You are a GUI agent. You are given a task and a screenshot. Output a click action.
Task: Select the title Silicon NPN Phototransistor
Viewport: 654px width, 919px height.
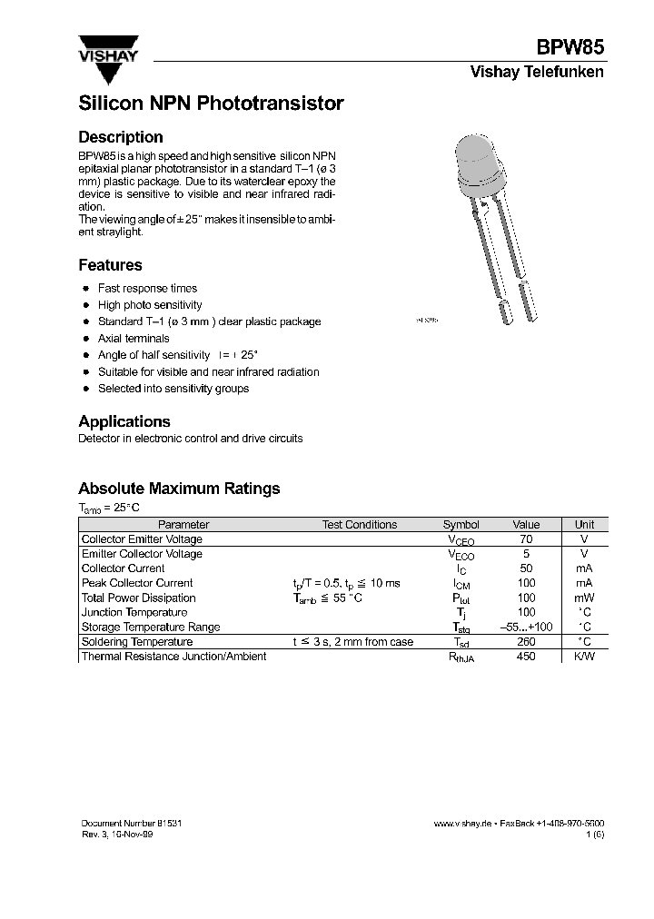(x=211, y=104)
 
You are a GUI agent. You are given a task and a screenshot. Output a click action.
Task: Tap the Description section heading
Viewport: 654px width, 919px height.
(x=121, y=137)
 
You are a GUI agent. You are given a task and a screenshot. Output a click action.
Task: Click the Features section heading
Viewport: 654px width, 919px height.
(x=110, y=265)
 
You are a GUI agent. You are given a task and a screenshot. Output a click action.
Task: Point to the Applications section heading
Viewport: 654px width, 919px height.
(x=124, y=421)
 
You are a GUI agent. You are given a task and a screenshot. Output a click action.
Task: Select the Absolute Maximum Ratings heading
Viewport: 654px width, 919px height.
(x=179, y=489)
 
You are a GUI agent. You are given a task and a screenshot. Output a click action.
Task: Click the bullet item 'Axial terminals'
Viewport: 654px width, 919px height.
(x=134, y=338)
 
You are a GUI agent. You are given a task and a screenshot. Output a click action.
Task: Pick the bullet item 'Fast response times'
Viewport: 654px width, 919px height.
(x=147, y=288)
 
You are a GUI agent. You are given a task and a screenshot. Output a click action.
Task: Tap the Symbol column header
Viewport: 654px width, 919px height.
(x=461, y=525)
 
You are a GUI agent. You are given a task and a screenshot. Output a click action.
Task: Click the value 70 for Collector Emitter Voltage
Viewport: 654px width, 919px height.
(x=526, y=539)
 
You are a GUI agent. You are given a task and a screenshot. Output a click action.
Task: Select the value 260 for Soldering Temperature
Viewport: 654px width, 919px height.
(x=526, y=641)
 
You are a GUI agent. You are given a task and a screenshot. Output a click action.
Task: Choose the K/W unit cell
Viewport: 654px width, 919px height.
(x=584, y=656)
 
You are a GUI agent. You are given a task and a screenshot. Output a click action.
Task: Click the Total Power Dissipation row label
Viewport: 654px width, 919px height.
(x=138, y=598)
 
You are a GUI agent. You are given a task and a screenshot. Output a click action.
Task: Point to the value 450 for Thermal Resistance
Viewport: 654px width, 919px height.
(x=526, y=656)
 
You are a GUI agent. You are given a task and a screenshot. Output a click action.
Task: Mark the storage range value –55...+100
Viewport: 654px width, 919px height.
(x=526, y=627)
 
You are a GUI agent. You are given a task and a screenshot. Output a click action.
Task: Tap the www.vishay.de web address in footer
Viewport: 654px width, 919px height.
(x=463, y=822)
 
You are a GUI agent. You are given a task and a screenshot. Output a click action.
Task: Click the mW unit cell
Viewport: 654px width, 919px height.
(x=584, y=598)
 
